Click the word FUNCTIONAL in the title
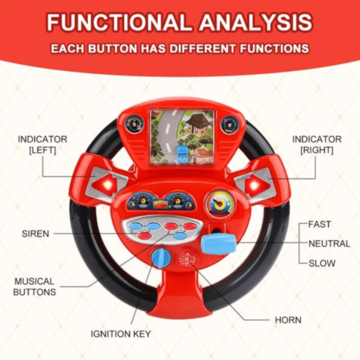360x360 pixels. tap(118, 22)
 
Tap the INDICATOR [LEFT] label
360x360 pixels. tap(43, 145)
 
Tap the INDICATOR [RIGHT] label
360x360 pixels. tap(316, 145)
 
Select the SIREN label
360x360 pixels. tap(35, 233)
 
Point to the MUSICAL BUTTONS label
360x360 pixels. tap(35, 286)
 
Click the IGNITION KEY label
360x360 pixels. tap(121, 334)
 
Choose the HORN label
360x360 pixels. tap(288, 320)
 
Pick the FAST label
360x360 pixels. tap(319, 224)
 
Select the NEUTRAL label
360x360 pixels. tap(329, 244)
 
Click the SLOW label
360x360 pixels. tap(322, 263)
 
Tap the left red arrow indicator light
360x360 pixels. tap(105, 184)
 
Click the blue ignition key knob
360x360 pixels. tap(160, 258)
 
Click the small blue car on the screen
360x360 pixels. tap(181, 152)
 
